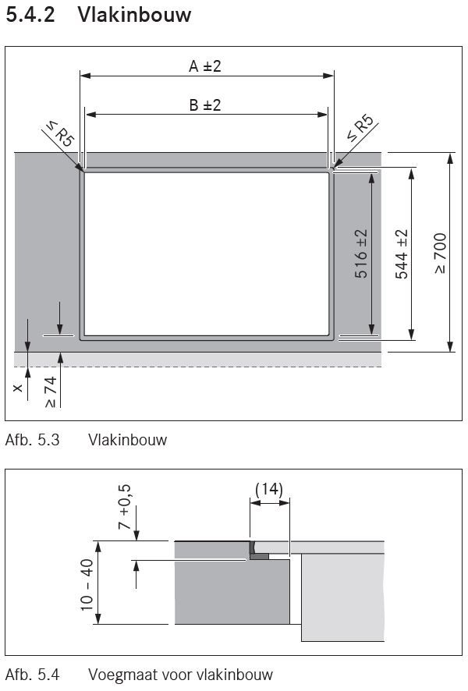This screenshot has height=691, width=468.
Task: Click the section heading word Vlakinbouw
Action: [134, 14]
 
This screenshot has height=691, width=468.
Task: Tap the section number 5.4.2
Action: [30, 14]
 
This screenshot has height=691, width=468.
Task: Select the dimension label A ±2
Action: [205, 66]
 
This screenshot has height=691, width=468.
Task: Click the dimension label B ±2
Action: [205, 105]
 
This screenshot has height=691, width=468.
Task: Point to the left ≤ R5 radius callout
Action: [59, 134]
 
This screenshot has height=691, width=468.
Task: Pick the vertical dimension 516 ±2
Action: [361, 253]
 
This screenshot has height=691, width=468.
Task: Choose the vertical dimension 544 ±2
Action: [402, 254]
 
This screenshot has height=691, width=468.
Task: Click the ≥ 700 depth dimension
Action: [440, 253]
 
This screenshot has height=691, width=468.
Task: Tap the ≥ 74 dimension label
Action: [50, 392]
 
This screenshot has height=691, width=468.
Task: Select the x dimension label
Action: [18, 388]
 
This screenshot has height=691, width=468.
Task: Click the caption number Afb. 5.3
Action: [32, 440]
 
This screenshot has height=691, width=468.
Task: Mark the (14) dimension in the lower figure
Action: [269, 489]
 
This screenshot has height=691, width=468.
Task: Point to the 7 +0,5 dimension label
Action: [125, 506]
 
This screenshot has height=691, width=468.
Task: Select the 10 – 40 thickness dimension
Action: [87, 584]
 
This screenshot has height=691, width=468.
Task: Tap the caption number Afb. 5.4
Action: [32, 675]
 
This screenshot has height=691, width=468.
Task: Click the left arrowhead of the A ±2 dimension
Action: [86, 76]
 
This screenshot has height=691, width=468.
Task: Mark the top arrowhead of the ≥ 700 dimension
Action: [450, 158]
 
